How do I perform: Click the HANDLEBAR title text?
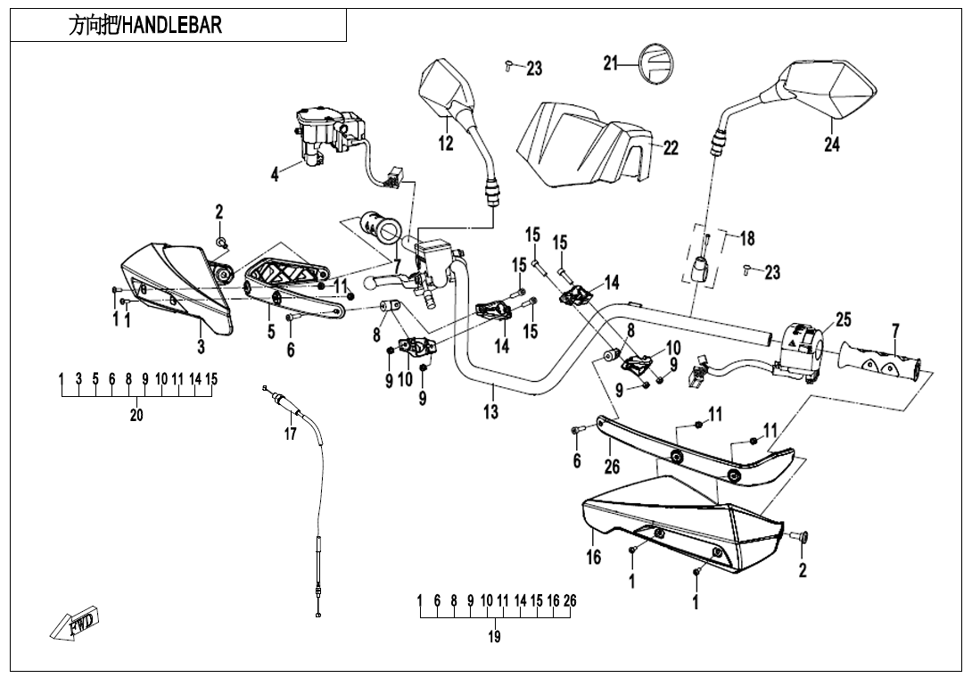click(145, 25)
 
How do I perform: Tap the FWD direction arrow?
click(78, 623)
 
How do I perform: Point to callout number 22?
click(671, 147)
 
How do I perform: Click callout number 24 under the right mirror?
click(831, 144)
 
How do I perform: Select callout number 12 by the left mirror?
click(446, 142)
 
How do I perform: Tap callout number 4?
click(275, 175)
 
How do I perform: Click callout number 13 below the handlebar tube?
click(491, 412)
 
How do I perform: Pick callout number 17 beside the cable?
click(289, 434)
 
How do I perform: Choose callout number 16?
click(593, 558)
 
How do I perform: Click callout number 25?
click(843, 319)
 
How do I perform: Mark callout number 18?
click(747, 238)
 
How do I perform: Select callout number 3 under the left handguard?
click(200, 346)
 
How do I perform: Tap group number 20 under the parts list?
click(136, 415)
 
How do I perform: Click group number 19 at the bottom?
click(494, 637)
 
